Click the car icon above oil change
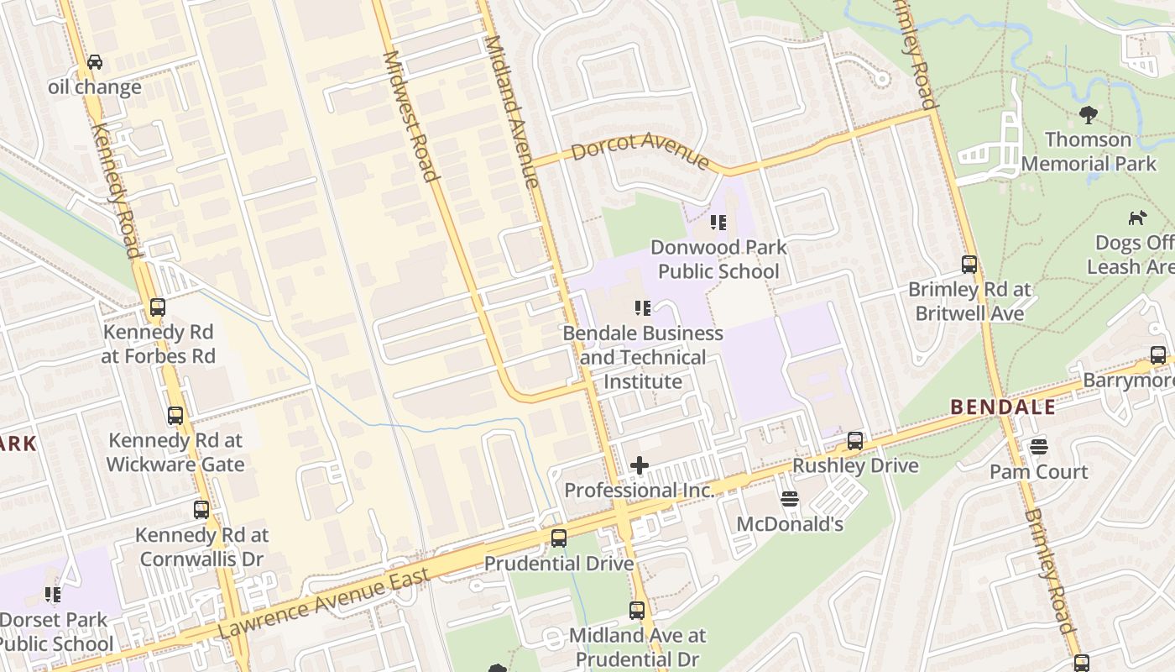pos(95,62)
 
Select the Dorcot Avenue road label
pos(640,150)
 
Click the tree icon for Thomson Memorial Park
pos(1089,115)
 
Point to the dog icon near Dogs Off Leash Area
pos(1137,218)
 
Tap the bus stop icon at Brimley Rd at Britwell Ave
pos(969,265)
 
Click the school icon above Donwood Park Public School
pos(718,223)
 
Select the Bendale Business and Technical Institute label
pos(643,358)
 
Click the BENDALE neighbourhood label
pos(1003,407)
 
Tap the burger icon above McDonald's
pos(789,499)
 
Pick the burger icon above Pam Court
pos(1039,447)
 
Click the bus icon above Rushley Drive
pos(855,440)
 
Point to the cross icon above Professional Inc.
pos(640,465)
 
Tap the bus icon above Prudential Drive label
pos(558,538)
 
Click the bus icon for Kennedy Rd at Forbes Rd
pos(158,307)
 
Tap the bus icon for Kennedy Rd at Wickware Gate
pos(175,416)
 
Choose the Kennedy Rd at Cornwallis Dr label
pos(201,547)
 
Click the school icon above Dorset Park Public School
pos(53,595)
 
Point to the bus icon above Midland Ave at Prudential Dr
pos(637,611)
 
